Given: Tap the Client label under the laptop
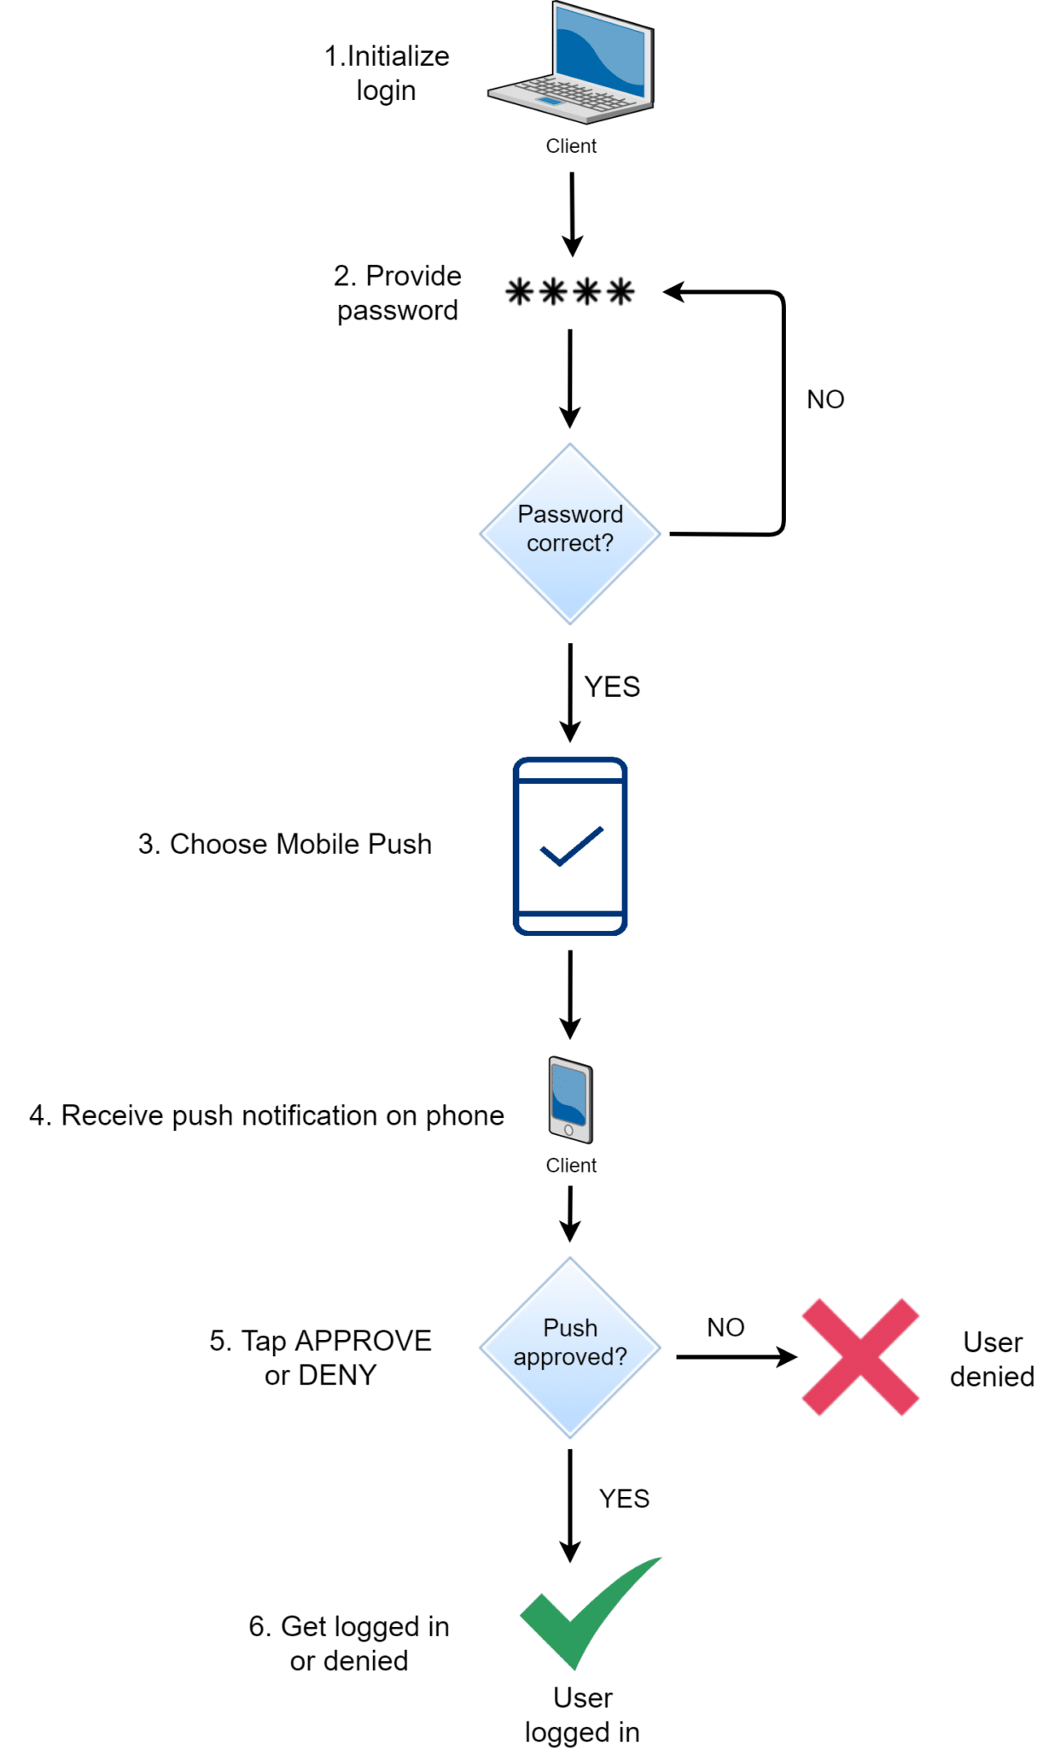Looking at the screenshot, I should (x=571, y=146).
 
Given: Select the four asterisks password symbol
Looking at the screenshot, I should (x=570, y=292).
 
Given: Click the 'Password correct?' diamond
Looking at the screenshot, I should (x=570, y=533).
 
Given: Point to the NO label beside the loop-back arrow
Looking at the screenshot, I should (x=825, y=400).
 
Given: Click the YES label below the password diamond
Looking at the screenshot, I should (x=612, y=687).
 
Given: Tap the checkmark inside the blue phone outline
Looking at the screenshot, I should (x=571, y=846).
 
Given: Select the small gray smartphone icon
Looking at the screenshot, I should (x=570, y=1100).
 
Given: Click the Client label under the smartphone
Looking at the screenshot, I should (x=571, y=1166).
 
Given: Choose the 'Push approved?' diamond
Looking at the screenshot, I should (x=570, y=1347).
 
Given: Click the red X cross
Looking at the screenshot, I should (x=860, y=1356).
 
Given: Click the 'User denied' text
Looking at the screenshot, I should (x=992, y=1359).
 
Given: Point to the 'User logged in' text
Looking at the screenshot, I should (x=582, y=1715).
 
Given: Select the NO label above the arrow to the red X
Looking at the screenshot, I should (x=725, y=1327).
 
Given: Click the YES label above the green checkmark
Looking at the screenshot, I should (x=624, y=1499).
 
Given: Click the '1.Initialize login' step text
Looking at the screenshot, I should (x=387, y=73).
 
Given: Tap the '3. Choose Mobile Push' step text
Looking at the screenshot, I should (x=285, y=844).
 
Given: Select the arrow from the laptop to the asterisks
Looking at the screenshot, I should (x=572, y=214).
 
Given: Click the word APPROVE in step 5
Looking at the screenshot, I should (x=363, y=1341).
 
